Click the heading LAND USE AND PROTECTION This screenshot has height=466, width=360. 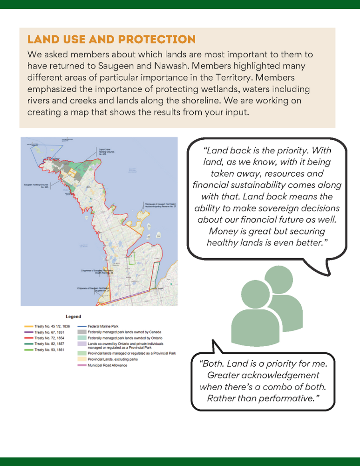point(111,39)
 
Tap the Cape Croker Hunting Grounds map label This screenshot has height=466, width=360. point(104,152)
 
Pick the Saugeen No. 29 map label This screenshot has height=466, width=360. point(92,290)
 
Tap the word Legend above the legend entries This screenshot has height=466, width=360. point(73,316)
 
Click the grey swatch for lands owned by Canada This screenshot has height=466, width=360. point(81,331)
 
